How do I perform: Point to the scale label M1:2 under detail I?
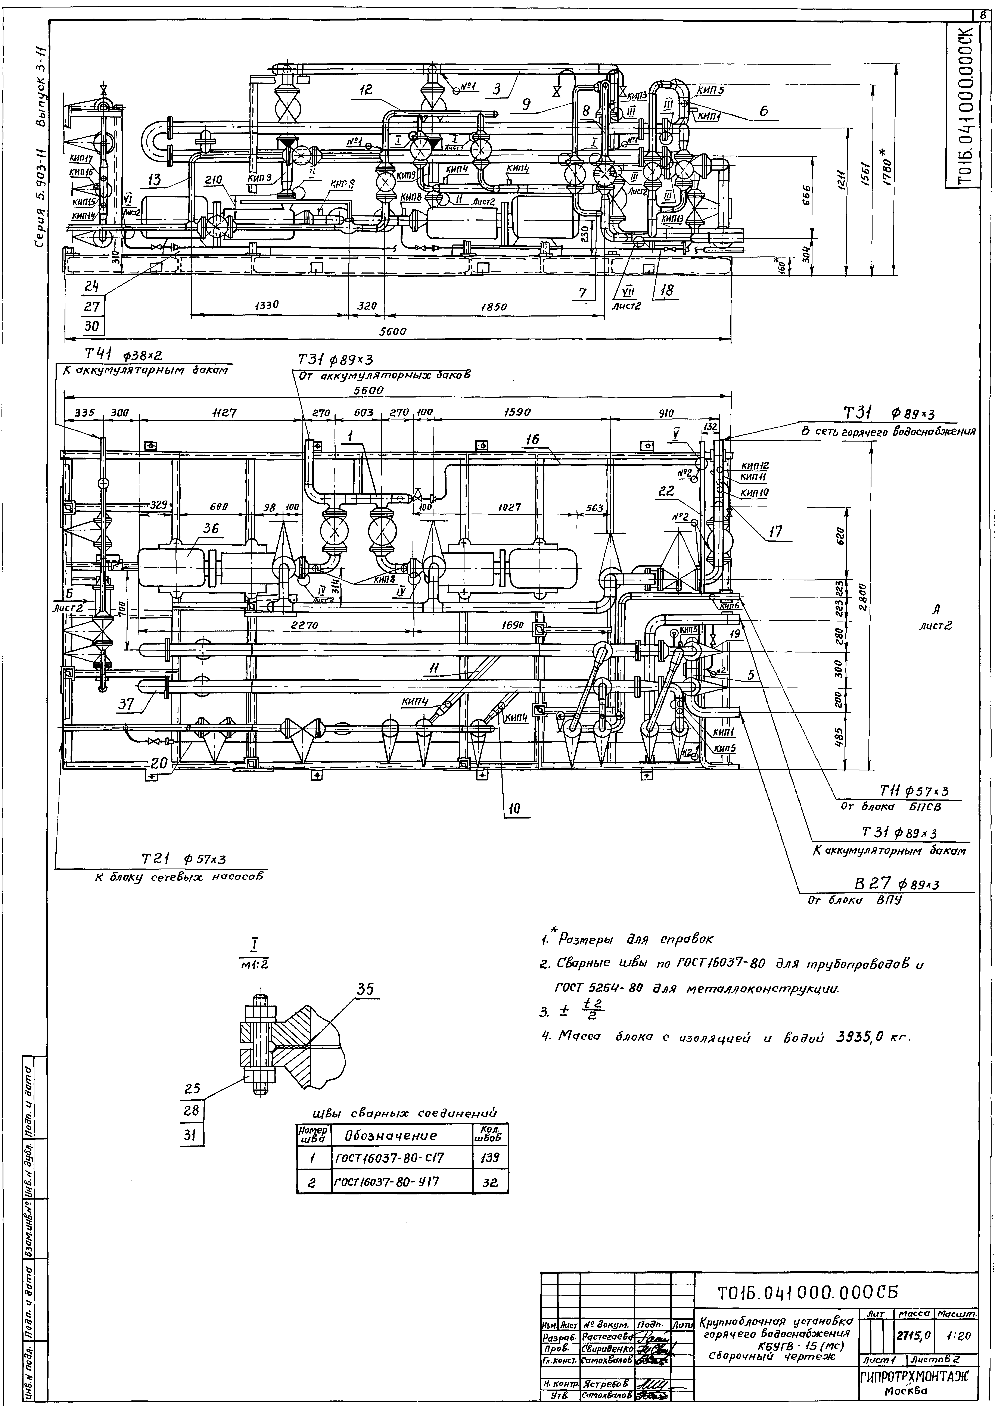pyautogui.click(x=252, y=964)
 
